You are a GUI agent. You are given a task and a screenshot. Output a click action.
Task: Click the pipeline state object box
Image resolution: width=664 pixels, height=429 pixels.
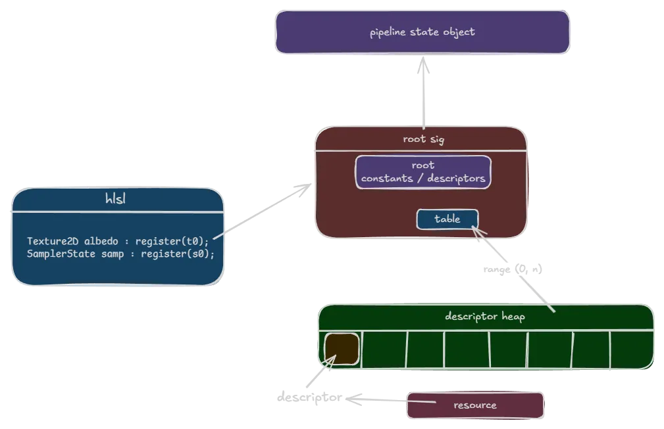(x=422, y=32)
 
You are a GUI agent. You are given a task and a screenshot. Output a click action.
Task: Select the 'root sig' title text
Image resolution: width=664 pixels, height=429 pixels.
(x=422, y=139)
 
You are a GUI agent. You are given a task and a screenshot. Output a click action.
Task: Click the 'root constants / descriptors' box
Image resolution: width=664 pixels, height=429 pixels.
(x=423, y=172)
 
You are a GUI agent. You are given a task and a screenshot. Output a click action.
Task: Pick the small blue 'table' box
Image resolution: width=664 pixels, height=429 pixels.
(x=447, y=219)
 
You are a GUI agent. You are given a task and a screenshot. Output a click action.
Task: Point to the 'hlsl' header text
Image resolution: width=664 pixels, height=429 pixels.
(x=116, y=199)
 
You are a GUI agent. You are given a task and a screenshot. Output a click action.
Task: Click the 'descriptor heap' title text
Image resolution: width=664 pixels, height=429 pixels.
(x=485, y=316)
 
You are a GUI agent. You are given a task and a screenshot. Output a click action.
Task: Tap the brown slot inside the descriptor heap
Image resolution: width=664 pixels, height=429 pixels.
(x=342, y=348)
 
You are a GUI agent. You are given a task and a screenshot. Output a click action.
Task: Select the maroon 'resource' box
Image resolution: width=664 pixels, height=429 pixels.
(x=475, y=405)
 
